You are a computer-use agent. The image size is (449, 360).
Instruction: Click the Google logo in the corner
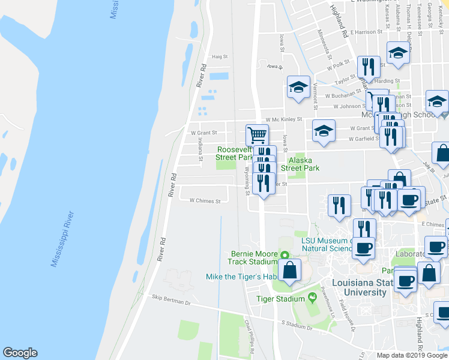click(20, 353)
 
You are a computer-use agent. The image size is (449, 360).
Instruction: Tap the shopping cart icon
click(257, 134)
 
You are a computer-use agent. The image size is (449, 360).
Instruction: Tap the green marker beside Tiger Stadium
click(312, 298)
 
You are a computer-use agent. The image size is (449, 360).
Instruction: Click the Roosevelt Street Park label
click(235, 153)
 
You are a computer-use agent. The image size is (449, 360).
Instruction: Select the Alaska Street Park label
click(303, 164)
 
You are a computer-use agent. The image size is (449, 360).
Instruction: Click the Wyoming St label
click(247, 181)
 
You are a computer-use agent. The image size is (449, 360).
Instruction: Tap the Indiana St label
click(200, 146)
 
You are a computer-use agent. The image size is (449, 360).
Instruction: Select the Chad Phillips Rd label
click(249, 331)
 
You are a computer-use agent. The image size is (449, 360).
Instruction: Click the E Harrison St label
click(367, 32)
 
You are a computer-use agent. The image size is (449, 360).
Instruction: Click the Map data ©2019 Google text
click(412, 355)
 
